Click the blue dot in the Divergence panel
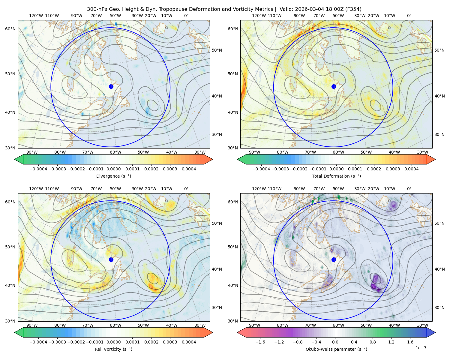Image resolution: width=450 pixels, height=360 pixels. [111, 86]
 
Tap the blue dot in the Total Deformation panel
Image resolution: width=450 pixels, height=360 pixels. [334, 86]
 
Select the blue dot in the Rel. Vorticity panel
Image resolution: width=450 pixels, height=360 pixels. [111, 259]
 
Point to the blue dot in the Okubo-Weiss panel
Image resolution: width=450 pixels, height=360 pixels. [334, 259]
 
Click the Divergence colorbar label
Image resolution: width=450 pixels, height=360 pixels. [113, 176]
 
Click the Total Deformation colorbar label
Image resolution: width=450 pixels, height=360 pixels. [336, 176]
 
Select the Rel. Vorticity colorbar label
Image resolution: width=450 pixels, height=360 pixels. [113, 349]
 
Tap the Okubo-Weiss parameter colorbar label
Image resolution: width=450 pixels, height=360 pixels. [336, 349]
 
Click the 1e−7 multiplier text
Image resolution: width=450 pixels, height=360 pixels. [421, 348]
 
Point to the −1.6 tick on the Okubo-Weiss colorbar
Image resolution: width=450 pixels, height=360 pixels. [260, 342]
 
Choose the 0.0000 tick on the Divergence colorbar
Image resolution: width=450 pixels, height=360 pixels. [113, 169]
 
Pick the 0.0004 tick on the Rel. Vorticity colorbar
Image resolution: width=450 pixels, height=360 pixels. [189, 342]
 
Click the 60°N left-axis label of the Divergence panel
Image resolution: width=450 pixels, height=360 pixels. [10, 29]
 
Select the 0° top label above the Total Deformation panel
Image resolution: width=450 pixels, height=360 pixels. [409, 16]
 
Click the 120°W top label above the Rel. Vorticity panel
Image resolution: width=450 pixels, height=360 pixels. [36, 188]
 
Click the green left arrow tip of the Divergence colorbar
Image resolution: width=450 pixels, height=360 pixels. [15, 159]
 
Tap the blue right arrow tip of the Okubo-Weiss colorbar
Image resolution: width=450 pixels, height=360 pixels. [435, 332]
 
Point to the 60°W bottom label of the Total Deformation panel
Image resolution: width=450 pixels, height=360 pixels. [338, 152]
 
